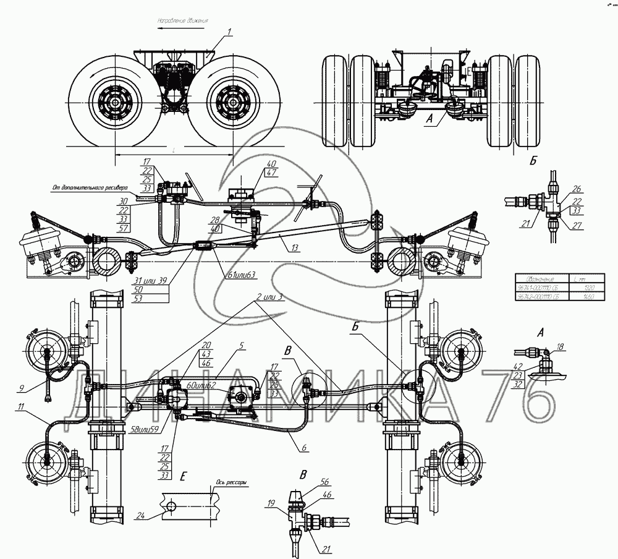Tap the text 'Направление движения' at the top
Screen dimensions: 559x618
pyautogui.click(x=184, y=20)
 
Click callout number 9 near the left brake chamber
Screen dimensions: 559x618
pyautogui.click(x=21, y=389)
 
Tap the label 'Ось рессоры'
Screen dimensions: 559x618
pyautogui.click(x=231, y=485)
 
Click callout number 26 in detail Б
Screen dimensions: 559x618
pyautogui.click(x=576, y=189)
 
